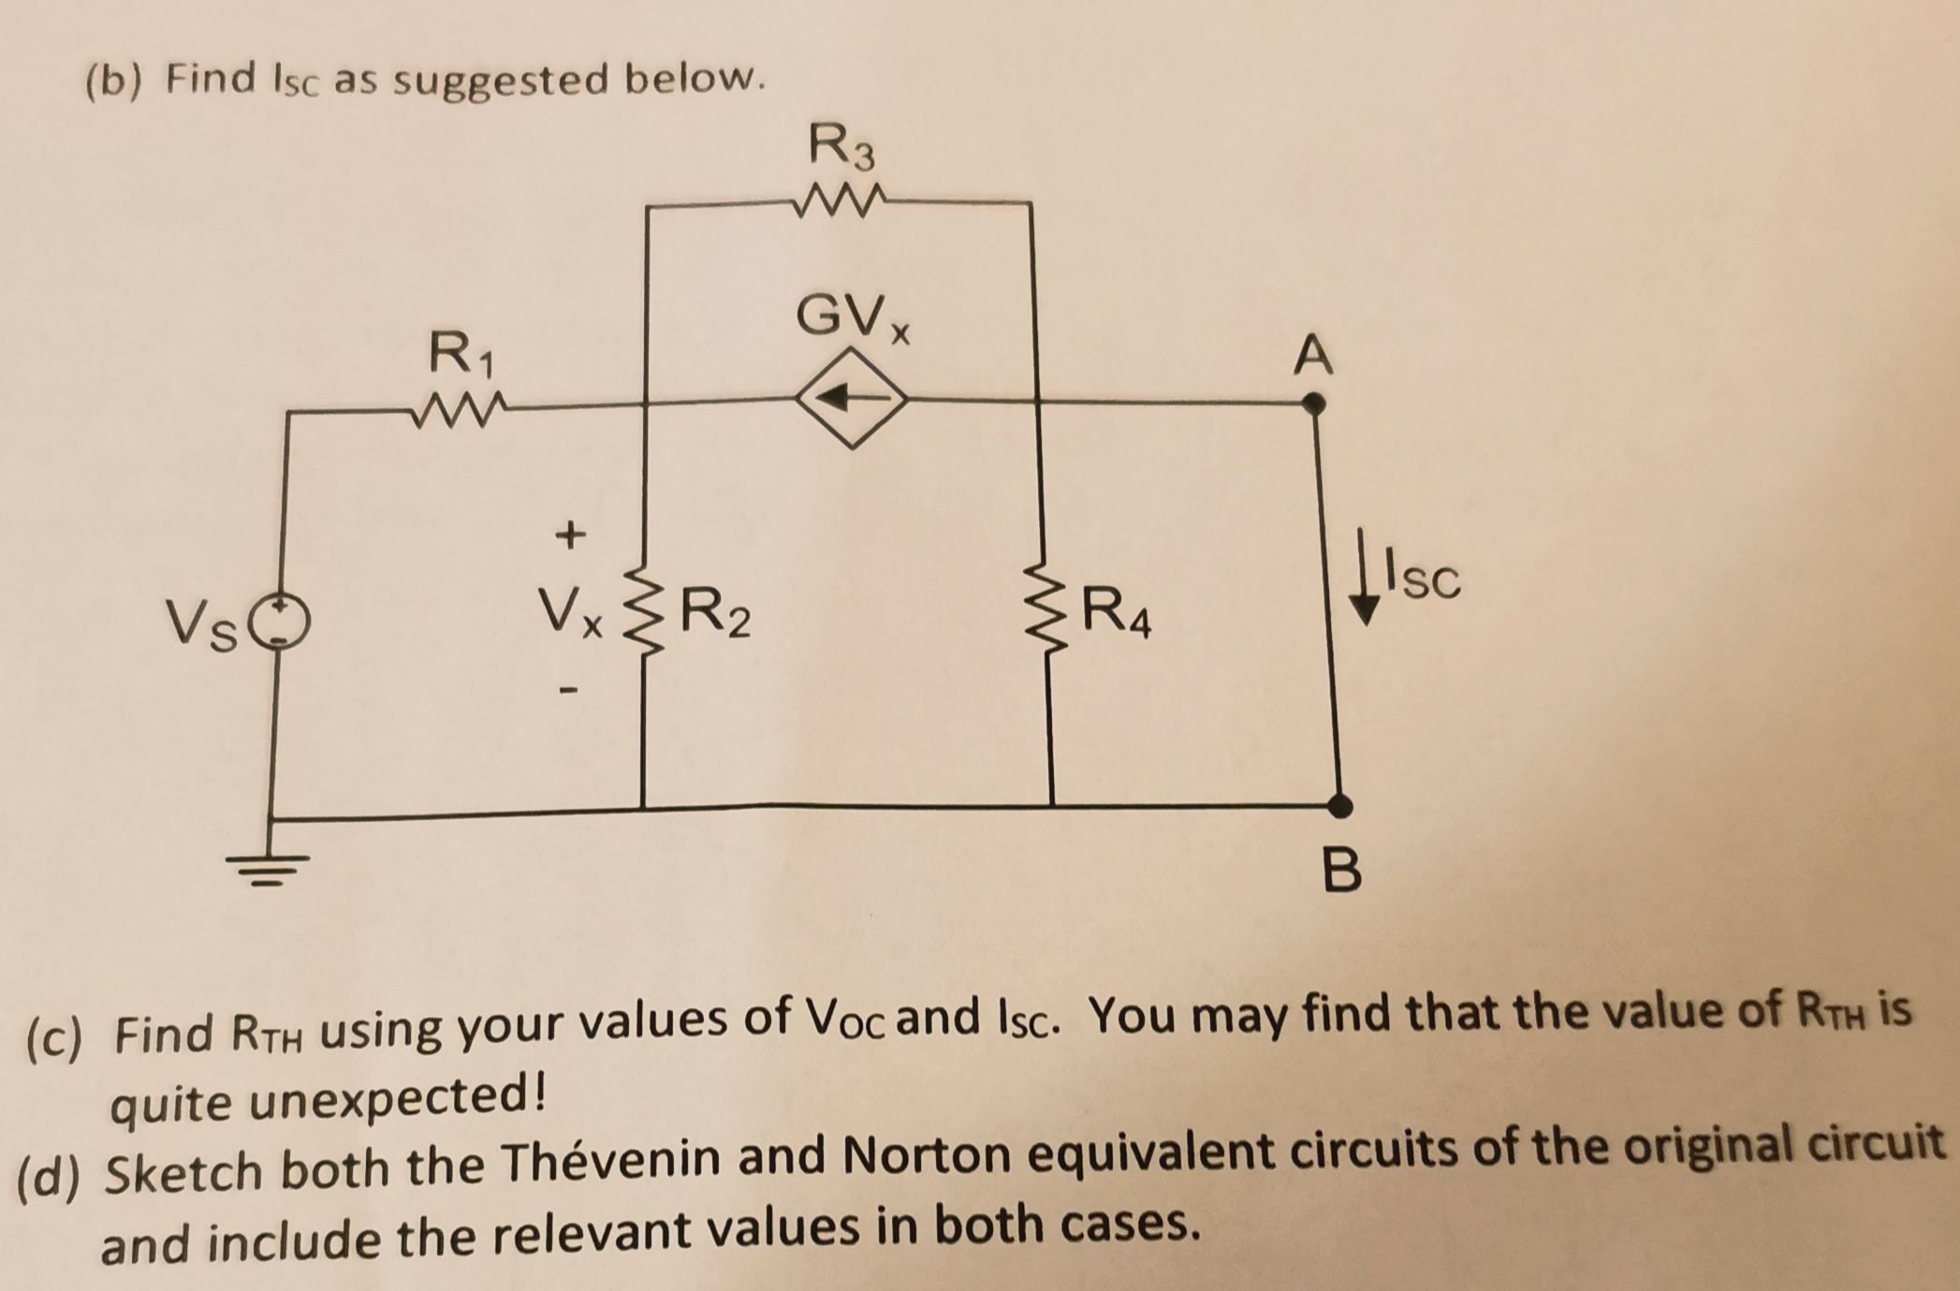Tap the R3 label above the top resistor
[x=841, y=148]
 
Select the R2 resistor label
[x=715, y=613]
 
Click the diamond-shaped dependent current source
[x=851, y=399]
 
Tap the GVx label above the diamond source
[x=853, y=317]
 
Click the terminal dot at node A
[x=1314, y=404]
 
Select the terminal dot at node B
[x=1340, y=805]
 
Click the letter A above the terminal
[x=1312, y=356]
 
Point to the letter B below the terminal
[x=1342, y=870]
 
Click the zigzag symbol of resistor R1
[x=459, y=408]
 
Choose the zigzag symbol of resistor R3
[x=838, y=199]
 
